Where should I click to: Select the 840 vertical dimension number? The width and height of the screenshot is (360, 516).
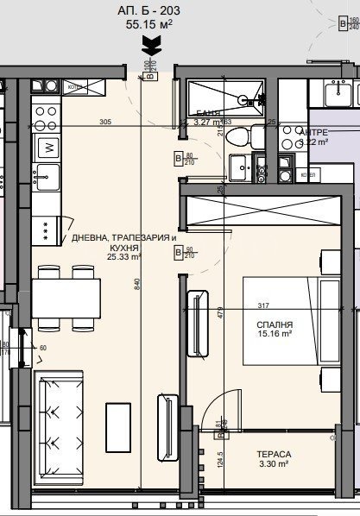[x=137, y=281]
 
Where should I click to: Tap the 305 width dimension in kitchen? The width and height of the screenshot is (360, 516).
[x=105, y=122]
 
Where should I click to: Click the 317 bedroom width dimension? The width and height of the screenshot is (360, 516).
[x=263, y=304]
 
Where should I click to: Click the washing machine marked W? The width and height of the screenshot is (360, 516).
[x=48, y=147]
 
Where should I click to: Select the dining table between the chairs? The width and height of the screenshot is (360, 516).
[x=67, y=298]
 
